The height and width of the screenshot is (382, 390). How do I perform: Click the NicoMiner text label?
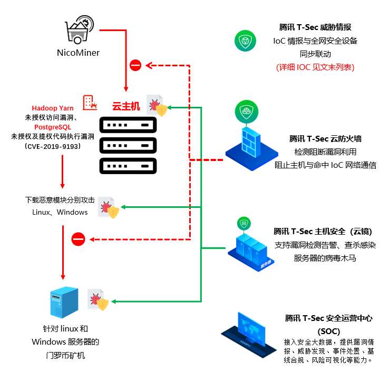[78, 53]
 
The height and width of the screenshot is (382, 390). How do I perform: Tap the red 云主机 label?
[126, 107]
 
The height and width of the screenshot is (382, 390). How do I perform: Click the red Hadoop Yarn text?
[53, 108]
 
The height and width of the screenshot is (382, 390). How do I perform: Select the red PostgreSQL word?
[53, 127]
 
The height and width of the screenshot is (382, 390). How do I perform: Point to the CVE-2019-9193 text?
[53, 146]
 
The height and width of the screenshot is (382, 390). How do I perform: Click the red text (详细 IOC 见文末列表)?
[315, 67]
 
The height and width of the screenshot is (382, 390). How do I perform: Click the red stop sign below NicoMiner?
[135, 66]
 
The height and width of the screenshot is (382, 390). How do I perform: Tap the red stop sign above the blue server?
[78, 240]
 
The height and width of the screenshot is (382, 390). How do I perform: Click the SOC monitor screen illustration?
[255, 328]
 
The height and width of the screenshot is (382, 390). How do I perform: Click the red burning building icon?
[89, 103]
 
